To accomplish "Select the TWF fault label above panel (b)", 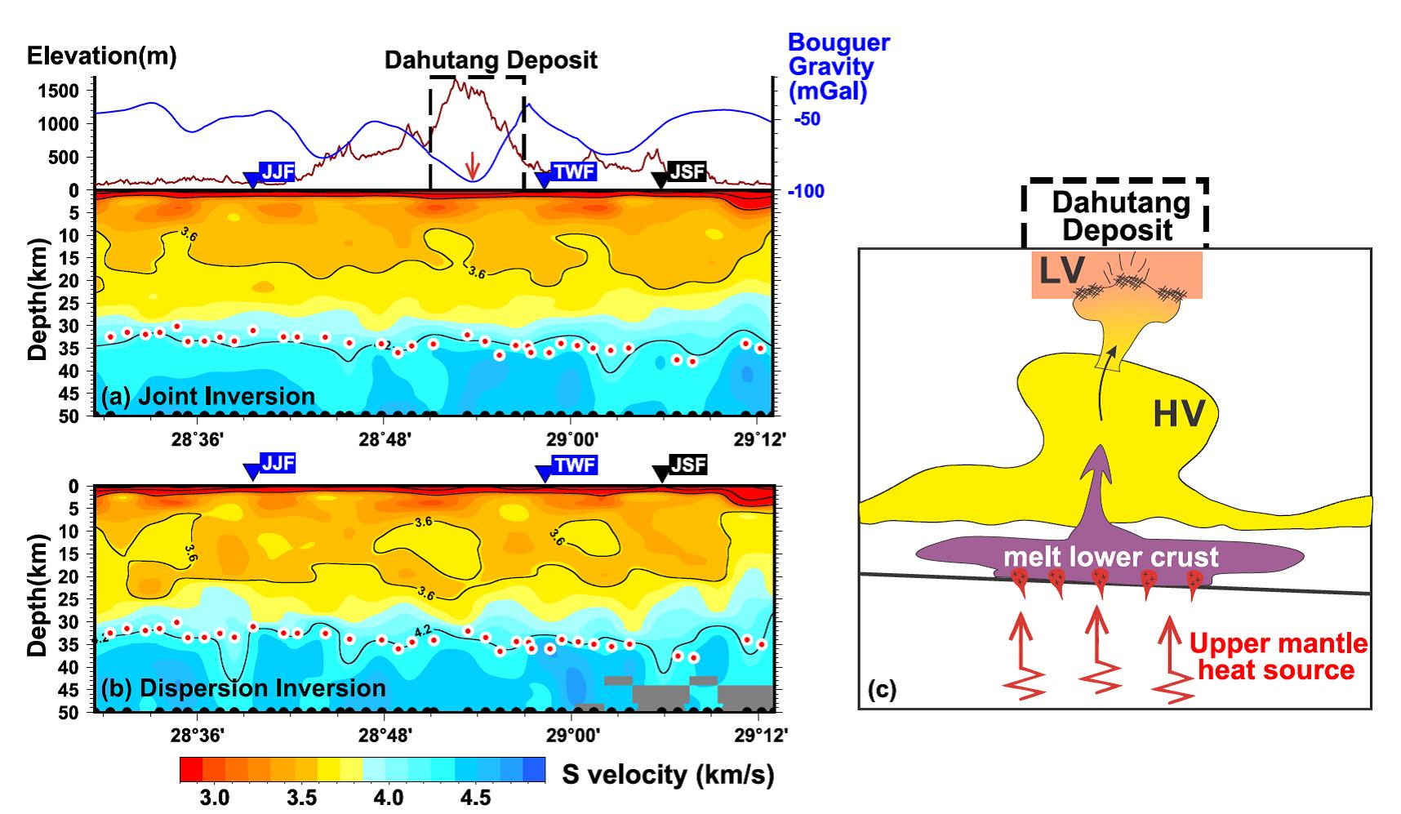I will coord(575,465).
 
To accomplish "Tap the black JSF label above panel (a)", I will coord(687,171).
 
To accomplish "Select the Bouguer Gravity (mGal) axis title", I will coord(838,67).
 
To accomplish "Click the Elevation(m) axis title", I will coord(101,56).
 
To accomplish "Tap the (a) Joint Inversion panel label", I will coord(208,397).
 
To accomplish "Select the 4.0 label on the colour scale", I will coord(387,796).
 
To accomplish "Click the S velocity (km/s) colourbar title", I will coord(668,774).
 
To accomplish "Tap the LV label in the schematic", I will coord(1062,272).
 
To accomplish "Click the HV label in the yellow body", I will coord(1178,415).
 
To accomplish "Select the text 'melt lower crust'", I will coord(1110,557).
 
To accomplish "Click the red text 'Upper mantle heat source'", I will coord(1278,656).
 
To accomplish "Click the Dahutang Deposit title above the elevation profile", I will coord(491,60).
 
